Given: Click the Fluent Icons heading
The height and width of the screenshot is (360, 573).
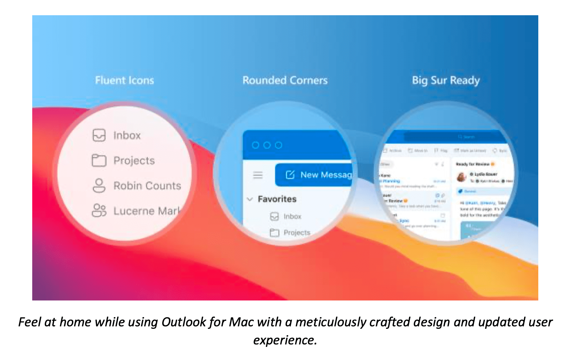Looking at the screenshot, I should pos(124,80).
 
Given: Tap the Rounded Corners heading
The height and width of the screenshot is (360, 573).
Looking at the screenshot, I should pos(285,80).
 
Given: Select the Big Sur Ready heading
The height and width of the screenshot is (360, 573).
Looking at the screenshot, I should pos(446,80).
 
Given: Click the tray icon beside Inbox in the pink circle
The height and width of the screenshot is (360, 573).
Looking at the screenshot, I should pos(99,135).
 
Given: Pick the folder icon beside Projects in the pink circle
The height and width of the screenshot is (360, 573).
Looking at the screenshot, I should pos(99,161).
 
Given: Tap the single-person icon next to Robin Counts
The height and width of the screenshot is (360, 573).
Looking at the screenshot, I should pos(99,185).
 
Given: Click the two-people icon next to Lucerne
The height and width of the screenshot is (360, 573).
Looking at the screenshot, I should pos(99,210).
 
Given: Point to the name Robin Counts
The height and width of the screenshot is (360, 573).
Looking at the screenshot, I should pos(147,186).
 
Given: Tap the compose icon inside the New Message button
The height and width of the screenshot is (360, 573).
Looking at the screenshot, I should pos(290,175).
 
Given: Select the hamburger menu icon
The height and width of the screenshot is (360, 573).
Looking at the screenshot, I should pos(258,175).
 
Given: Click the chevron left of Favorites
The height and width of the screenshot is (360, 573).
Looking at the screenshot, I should pos(250,199).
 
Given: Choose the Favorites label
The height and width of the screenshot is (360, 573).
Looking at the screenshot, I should pos(277,199).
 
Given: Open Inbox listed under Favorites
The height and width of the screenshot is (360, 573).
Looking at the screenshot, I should pos(292,216).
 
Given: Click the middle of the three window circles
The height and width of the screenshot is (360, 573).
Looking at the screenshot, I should pos(267,145).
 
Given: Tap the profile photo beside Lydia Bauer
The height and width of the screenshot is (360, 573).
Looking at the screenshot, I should pos(461,176).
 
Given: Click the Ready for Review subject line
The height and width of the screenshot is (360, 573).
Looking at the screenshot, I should pos(472,164).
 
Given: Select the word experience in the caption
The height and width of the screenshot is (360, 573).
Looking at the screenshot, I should pos(285,340).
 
